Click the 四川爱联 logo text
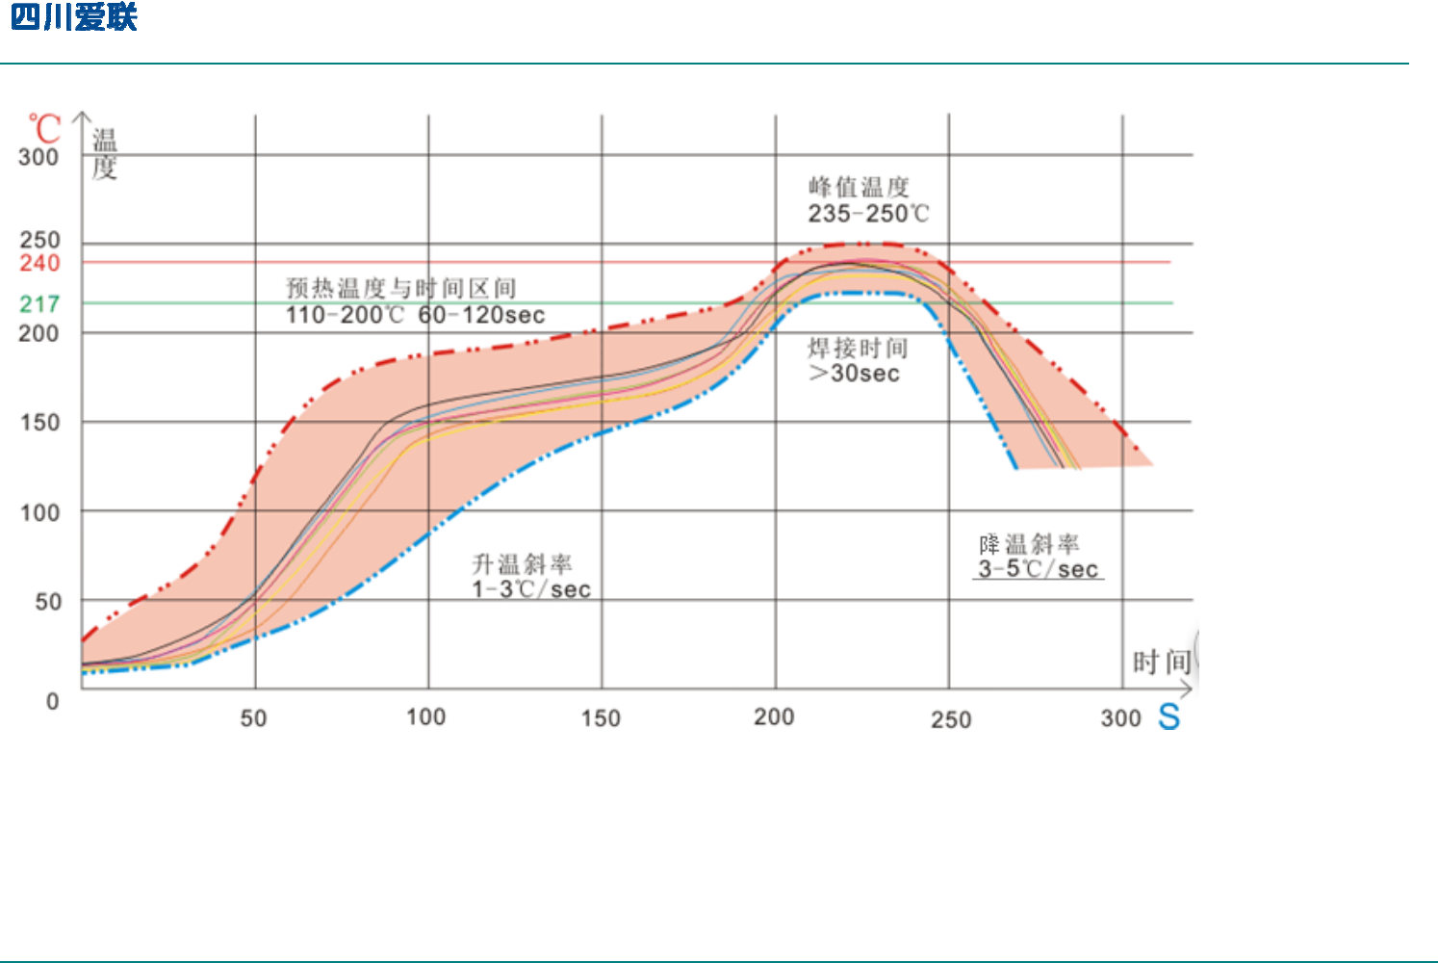coord(74,17)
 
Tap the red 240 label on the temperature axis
coord(39,263)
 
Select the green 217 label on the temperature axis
coord(39,304)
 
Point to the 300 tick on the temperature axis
coord(39,157)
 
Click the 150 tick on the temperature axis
coord(39,423)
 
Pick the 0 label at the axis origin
coord(53,701)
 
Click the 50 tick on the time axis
coord(253,718)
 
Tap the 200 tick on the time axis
coord(774,717)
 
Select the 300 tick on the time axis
coord(1120,718)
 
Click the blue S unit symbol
coord(1168,717)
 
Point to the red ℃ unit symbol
coord(44,129)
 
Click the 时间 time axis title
coord(1162,663)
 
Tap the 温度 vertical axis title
coord(104,154)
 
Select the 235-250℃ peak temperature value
coord(868,214)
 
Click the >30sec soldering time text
coord(855,374)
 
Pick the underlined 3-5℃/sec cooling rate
coord(1038,569)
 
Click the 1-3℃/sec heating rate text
coord(531,589)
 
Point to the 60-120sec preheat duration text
coord(481,315)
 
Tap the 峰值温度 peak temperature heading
coord(859,187)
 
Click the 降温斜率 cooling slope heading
coord(1029,544)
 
